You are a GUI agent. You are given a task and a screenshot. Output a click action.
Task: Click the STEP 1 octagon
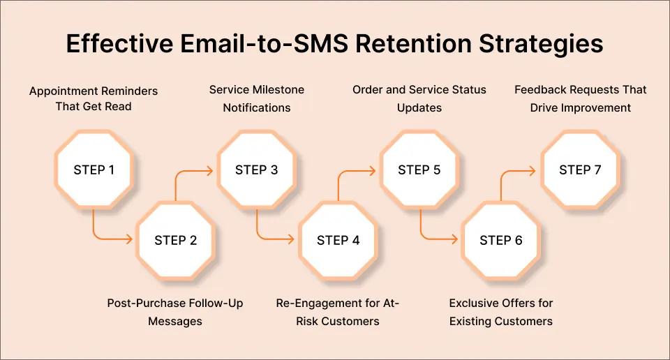[94, 170]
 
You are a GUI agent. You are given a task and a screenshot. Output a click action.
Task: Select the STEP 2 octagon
[175, 240]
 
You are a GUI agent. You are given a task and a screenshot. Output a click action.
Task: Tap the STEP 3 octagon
[256, 170]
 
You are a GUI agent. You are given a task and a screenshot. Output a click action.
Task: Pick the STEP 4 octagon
[338, 240]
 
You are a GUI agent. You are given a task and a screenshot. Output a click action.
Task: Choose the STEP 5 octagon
[419, 170]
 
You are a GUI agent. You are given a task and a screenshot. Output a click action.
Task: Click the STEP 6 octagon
[500, 240]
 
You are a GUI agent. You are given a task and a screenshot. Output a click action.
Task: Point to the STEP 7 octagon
[580, 170]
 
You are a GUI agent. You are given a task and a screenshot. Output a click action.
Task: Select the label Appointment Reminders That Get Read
[94, 99]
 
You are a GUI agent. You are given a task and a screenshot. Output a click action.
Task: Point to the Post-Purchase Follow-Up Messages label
[175, 312]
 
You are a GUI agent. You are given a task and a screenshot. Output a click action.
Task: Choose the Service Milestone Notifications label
[256, 99]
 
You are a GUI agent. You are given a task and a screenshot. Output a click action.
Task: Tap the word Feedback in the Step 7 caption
[539, 90]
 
